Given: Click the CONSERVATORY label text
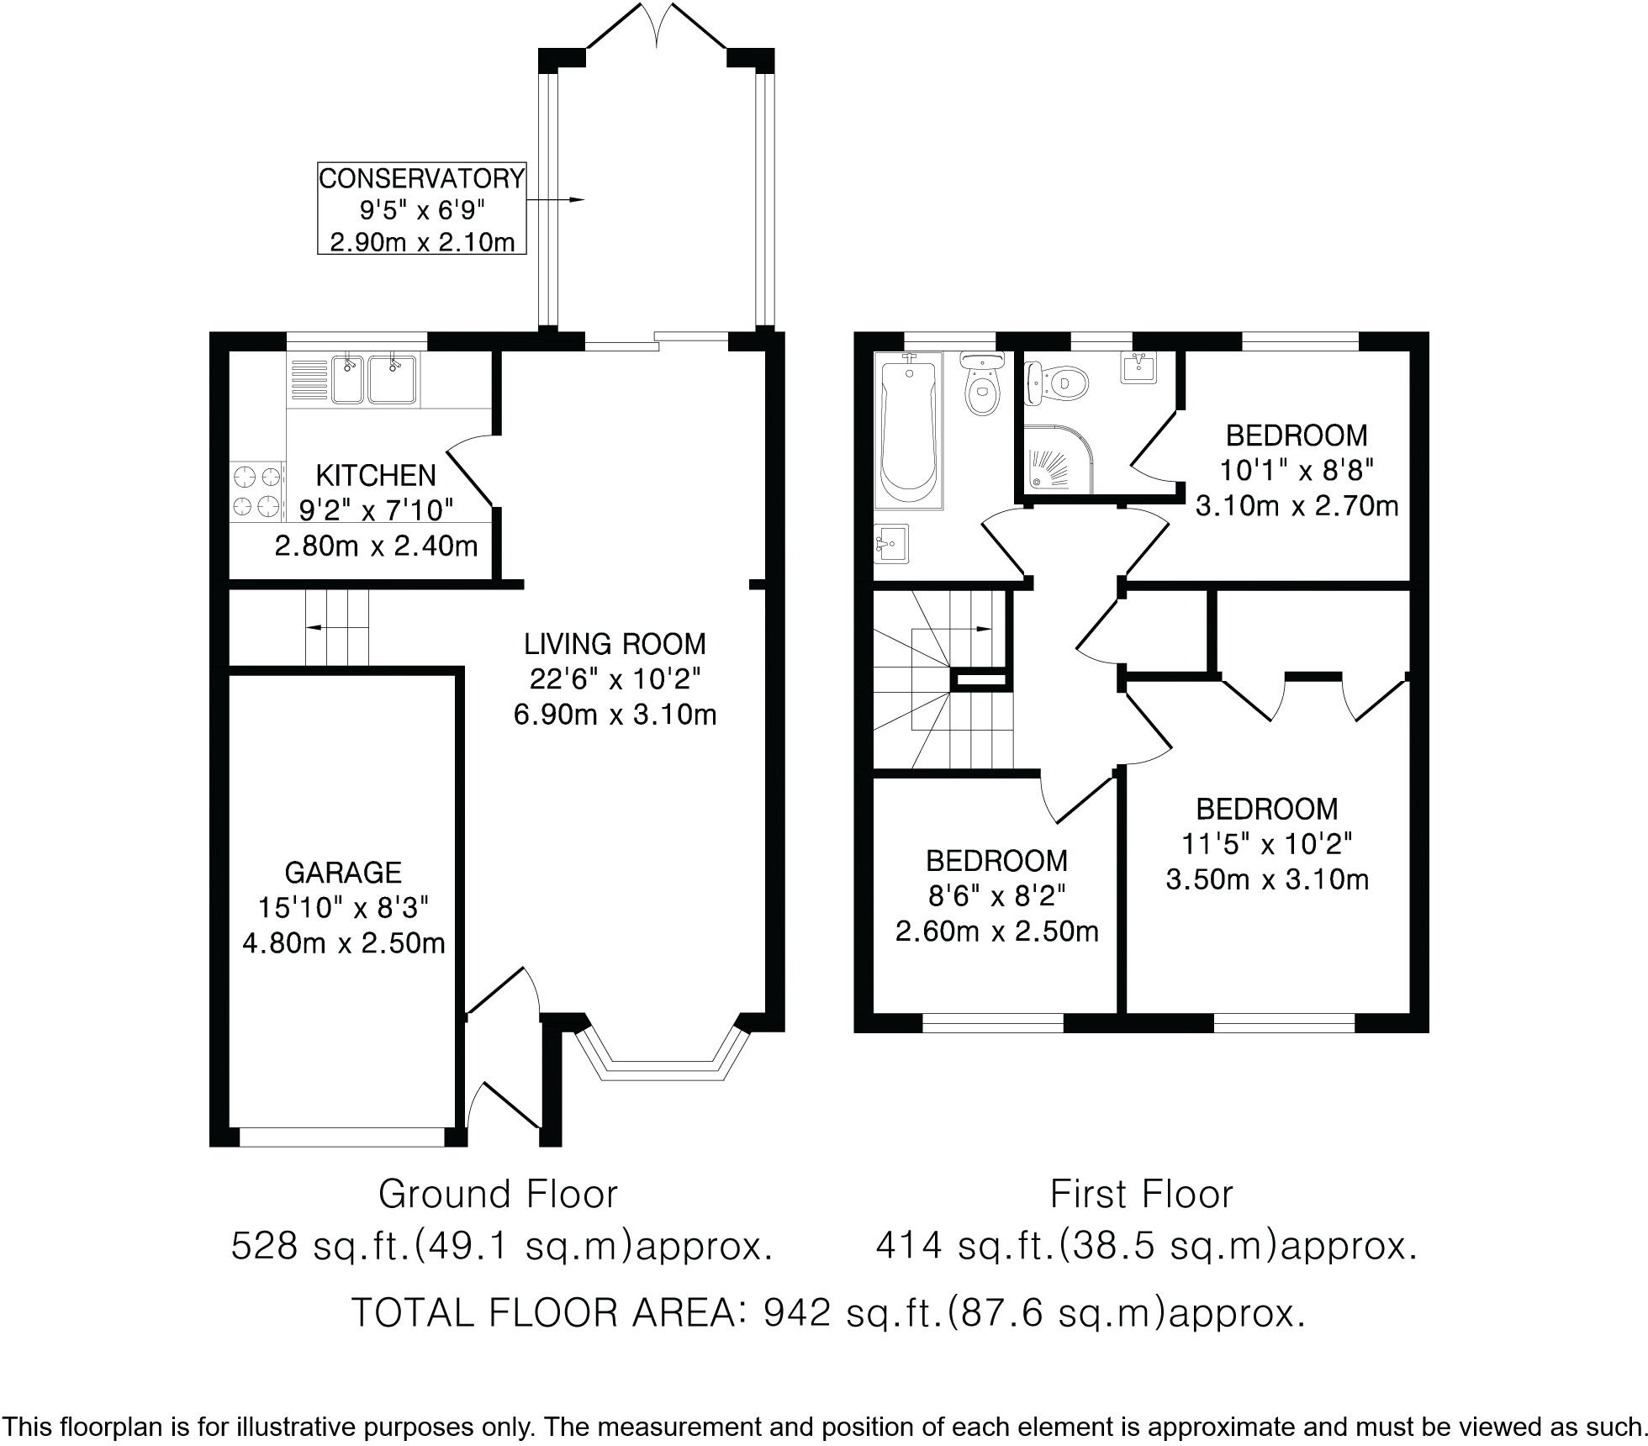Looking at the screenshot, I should pyautogui.click(x=421, y=178).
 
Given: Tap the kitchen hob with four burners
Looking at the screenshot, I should pyautogui.click(x=256, y=491).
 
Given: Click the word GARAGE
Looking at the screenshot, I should pyautogui.click(x=343, y=873).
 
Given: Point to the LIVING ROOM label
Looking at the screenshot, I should pyautogui.click(x=615, y=644).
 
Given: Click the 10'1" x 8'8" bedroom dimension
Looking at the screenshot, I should pyautogui.click(x=1296, y=470).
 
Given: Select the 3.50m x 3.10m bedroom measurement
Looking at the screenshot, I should pyautogui.click(x=1267, y=879).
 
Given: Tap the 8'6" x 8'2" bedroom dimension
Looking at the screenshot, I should pyautogui.click(x=996, y=896).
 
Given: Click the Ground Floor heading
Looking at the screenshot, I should pyautogui.click(x=498, y=1194).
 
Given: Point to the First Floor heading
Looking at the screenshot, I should pyautogui.click(x=1141, y=1194).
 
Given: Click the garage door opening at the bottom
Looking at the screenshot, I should pyautogui.click(x=341, y=1137).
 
